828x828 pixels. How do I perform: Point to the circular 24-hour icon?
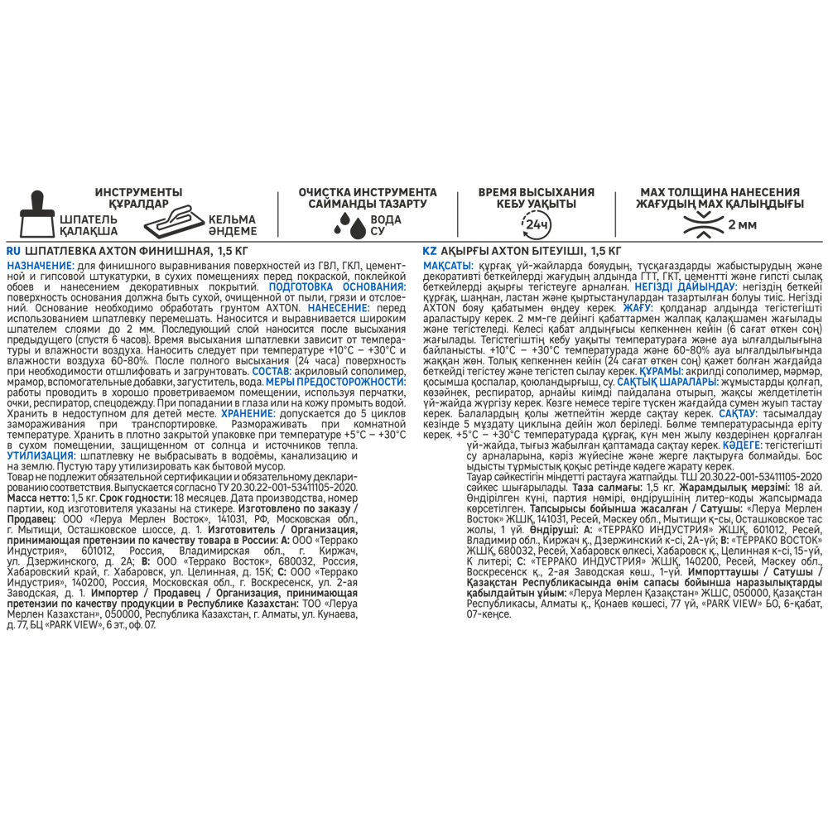(x=536, y=224)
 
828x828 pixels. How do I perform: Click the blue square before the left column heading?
(x=11, y=250)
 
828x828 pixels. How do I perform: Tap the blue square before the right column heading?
(x=428, y=250)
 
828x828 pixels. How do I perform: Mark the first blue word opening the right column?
(x=448, y=267)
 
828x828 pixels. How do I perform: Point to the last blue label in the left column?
(x=41, y=455)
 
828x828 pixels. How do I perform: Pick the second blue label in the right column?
(x=686, y=287)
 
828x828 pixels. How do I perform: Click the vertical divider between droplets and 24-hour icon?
(x=458, y=214)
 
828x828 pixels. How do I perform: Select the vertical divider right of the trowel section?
(x=277, y=214)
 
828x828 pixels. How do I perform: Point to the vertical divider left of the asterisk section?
(x=615, y=214)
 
